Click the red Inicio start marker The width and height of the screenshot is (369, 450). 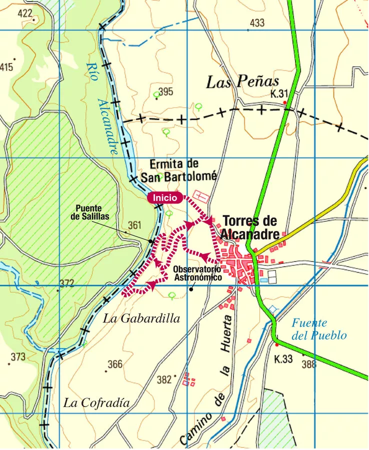[164, 197]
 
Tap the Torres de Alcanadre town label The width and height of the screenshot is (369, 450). [249, 227]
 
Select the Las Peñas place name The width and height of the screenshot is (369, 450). [242, 82]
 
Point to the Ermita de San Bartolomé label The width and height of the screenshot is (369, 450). [178, 170]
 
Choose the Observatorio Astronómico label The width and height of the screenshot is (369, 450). [197, 273]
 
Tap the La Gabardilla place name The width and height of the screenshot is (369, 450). [141, 318]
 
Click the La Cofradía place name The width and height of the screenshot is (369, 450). [96, 403]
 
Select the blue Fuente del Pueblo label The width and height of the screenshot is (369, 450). [319, 329]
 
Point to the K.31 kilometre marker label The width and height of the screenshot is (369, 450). [280, 94]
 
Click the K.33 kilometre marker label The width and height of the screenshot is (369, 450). [283, 359]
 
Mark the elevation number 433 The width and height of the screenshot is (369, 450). [256, 23]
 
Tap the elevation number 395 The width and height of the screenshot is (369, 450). [165, 92]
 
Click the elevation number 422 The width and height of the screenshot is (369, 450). [25, 13]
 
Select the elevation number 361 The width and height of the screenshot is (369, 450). [135, 225]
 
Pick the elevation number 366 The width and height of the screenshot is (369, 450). [115, 364]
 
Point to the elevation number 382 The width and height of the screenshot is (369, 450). [164, 380]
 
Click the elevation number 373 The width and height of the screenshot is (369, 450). [17, 356]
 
